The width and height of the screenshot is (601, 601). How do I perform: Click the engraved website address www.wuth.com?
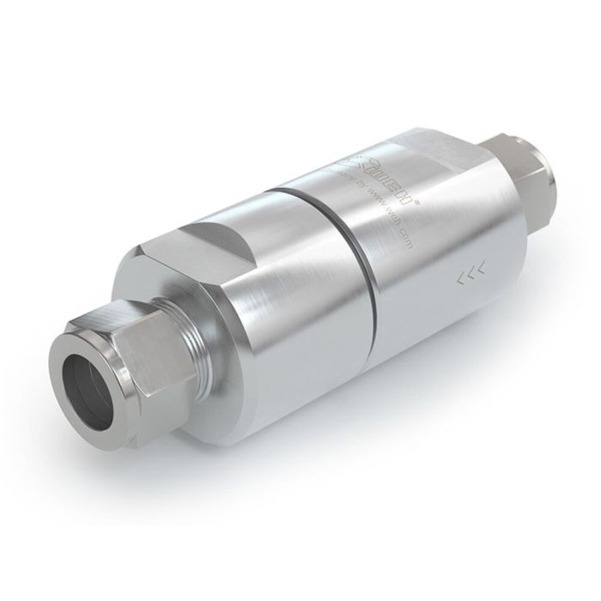coord(392,218)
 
